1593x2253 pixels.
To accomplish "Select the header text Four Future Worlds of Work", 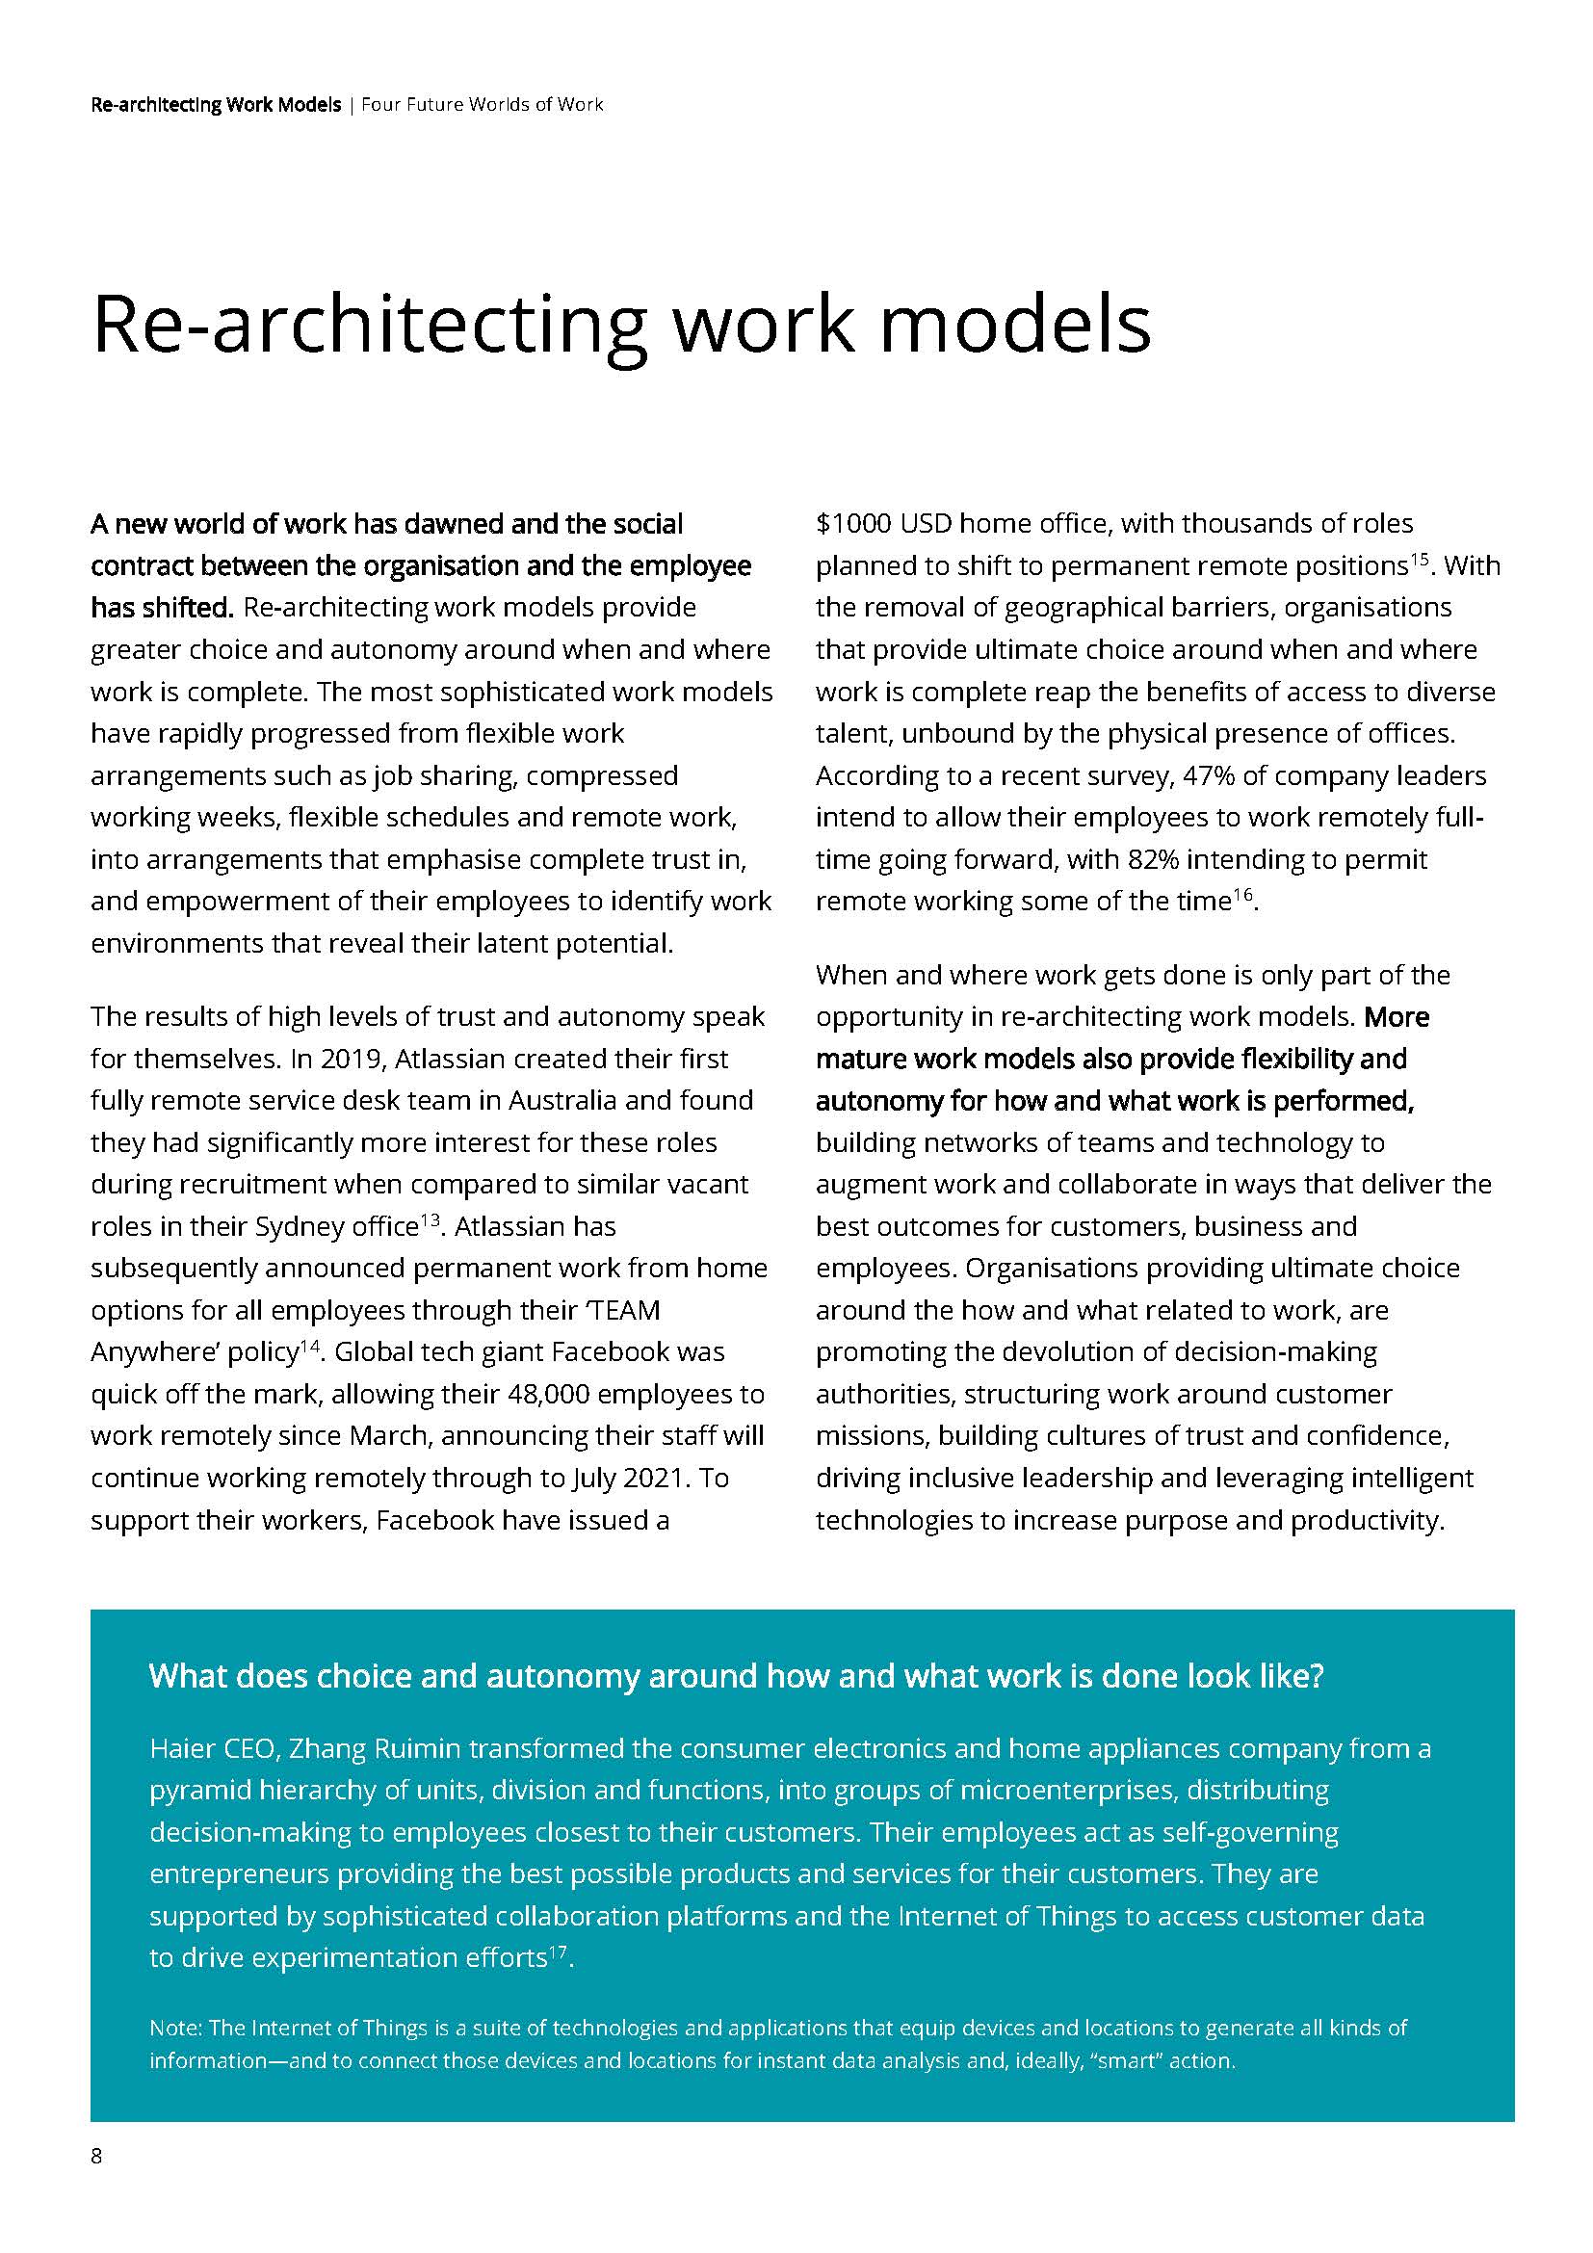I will (x=482, y=104).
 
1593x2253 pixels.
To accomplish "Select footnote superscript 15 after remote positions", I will (x=1419, y=561).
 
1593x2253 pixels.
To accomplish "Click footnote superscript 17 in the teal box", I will (x=557, y=1952).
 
